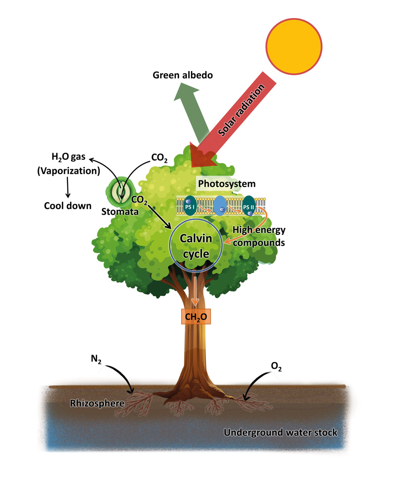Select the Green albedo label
(183, 75)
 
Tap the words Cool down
(67, 205)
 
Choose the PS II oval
(249, 205)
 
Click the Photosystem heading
(226, 183)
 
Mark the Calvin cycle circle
(196, 245)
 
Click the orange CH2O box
(195, 316)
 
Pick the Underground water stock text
(281, 433)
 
